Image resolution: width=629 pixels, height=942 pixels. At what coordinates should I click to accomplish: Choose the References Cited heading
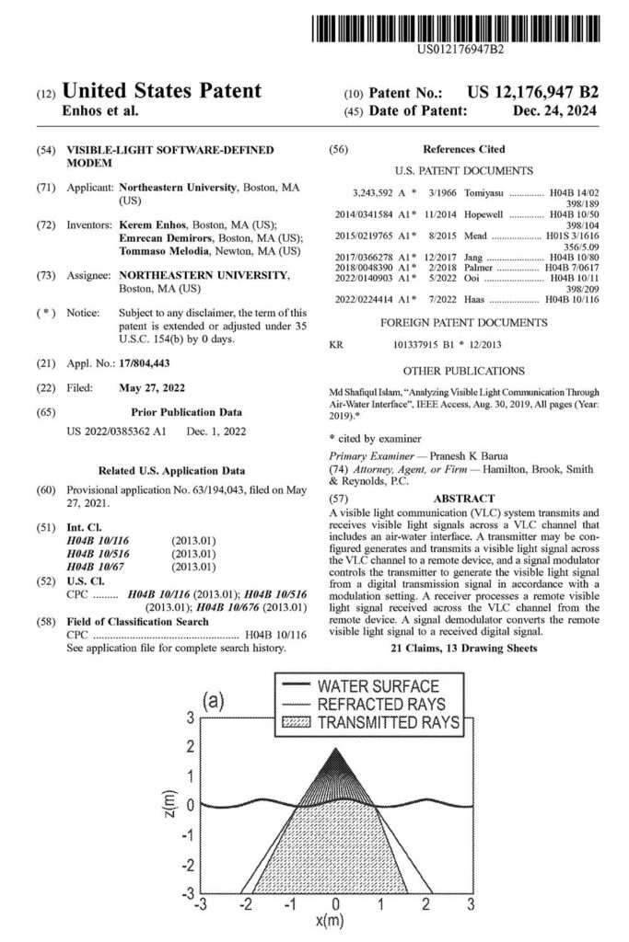463,150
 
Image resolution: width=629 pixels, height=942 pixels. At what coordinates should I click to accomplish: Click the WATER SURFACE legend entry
378,686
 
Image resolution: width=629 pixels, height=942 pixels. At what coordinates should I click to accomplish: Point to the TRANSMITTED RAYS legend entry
388,722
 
